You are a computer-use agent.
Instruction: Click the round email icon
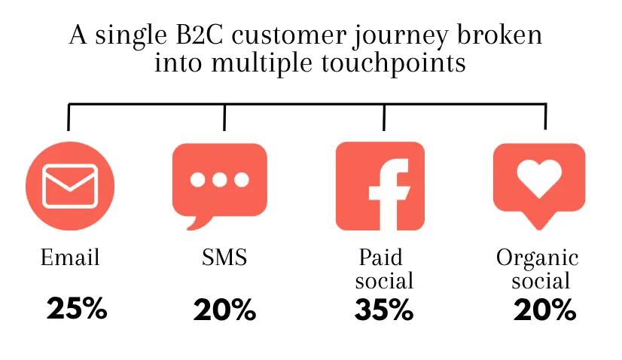coord(70,185)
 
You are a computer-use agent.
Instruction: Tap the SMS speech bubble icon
coord(219,182)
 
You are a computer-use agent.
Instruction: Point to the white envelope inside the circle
coord(70,185)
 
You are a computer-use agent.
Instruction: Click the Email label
coord(69,258)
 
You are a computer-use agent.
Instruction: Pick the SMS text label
coord(224,258)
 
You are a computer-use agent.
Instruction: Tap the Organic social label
coord(538,270)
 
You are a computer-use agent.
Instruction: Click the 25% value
coord(77,308)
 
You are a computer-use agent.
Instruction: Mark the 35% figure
coord(384,310)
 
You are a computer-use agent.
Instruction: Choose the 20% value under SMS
coord(224,310)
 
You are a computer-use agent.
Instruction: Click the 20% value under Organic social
coord(544,310)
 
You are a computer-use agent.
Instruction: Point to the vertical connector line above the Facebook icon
coord(384,117)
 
